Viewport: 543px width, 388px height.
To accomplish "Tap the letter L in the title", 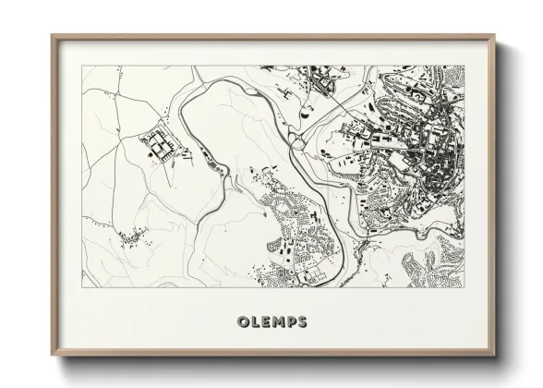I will pyautogui.click(x=256, y=322).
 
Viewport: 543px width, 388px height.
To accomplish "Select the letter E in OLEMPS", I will pyautogui.click(x=266, y=322).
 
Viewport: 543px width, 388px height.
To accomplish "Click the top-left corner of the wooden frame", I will pyautogui.click(x=52, y=36).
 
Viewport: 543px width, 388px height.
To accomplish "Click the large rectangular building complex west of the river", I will pyautogui.click(x=157, y=146).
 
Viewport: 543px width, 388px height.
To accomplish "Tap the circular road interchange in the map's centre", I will pyautogui.click(x=296, y=139).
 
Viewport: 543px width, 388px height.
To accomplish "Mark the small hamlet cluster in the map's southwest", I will pyautogui.click(x=134, y=237).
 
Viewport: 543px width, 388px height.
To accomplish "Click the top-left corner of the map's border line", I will pyautogui.click(x=81, y=66).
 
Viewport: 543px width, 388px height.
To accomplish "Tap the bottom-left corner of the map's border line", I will pyautogui.click(x=81, y=287).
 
